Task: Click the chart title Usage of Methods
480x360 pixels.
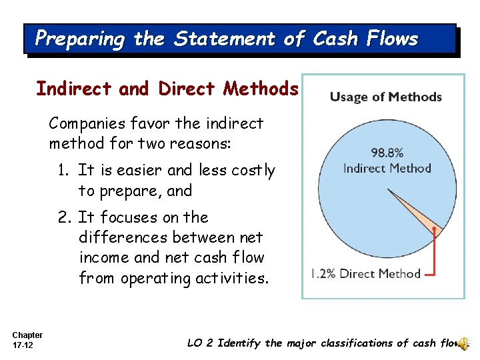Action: [385, 97]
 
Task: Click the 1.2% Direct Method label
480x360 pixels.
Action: [366, 273]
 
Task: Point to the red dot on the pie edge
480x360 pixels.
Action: [434, 229]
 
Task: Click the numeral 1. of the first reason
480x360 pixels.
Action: [64, 171]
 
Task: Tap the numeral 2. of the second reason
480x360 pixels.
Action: [64, 217]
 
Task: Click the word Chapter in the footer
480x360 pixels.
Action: [27, 335]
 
